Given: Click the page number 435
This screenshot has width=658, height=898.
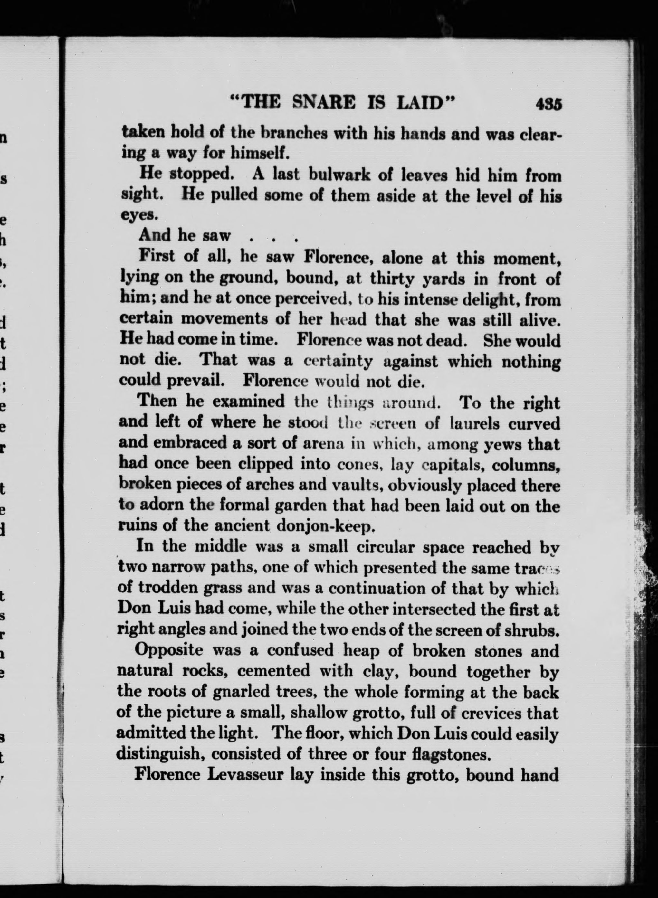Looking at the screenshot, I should pos(548,104).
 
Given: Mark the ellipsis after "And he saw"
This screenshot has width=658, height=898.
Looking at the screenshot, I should pos(273,238).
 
